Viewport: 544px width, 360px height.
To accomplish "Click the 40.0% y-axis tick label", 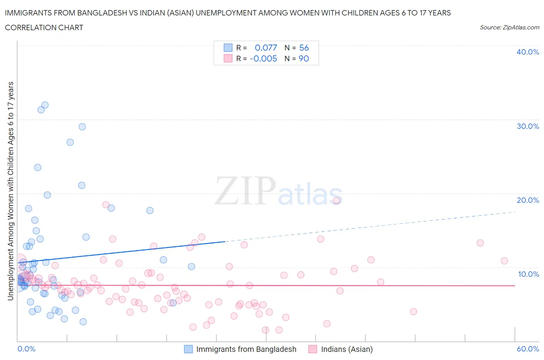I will (x=527, y=52).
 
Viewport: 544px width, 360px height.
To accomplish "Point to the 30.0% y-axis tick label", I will (x=527, y=126).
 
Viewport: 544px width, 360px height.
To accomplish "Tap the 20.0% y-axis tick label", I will (x=527, y=200).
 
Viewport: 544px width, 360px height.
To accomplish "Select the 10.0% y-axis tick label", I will (x=528, y=274).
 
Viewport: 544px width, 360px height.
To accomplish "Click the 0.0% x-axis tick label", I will (x=26, y=349).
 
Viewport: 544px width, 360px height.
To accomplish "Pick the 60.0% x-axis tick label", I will (x=527, y=349).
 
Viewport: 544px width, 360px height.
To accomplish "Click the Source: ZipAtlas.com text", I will (x=509, y=27).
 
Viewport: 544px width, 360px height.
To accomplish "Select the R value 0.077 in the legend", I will (x=266, y=48).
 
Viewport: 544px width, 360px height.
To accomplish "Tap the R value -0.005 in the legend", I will (x=263, y=58).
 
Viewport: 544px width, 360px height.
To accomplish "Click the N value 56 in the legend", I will (x=304, y=48).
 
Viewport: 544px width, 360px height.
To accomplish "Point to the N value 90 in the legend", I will (x=304, y=58).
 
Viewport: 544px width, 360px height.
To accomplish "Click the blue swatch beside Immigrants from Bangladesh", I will (x=188, y=349).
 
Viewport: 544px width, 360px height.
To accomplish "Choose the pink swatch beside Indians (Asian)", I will (x=313, y=349).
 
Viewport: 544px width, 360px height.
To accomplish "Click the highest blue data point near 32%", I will (x=45, y=105).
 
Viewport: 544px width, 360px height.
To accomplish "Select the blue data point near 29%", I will (x=82, y=127).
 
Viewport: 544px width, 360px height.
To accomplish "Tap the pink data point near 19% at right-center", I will (x=337, y=201).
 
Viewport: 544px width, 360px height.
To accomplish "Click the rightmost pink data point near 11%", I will (x=504, y=261).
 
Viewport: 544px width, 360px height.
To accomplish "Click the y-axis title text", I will (x=10, y=191).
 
